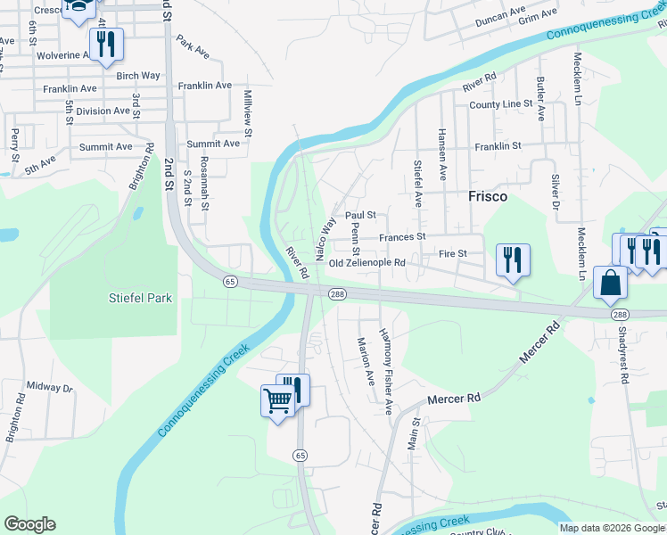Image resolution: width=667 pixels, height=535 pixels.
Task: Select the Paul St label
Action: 361,215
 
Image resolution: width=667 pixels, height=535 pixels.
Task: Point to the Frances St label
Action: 402,237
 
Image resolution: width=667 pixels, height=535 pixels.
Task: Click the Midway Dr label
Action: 49,388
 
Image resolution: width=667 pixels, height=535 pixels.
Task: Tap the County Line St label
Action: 500,104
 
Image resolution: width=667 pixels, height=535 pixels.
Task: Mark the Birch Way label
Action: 137,76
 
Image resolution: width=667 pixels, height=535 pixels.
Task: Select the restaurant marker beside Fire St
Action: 512,259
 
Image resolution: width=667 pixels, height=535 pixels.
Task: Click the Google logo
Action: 30,524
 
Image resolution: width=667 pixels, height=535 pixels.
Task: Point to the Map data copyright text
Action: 612,529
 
